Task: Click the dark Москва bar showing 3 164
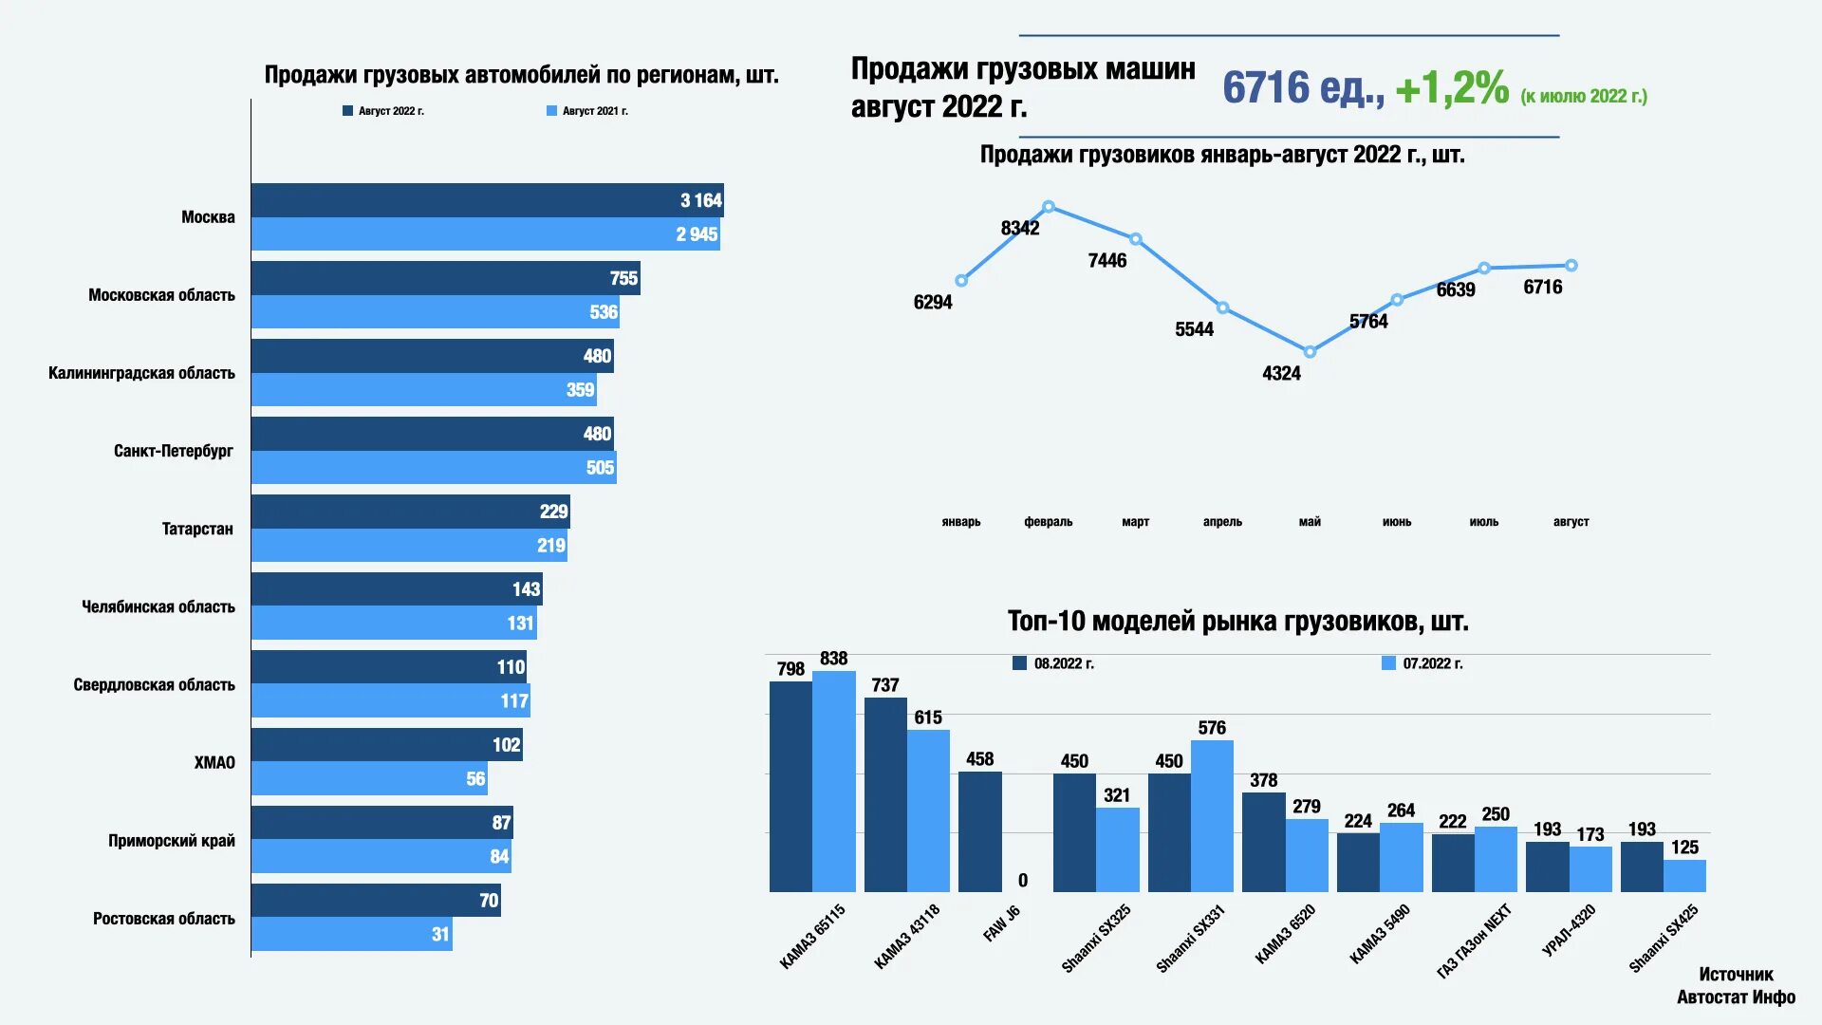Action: pos(487,200)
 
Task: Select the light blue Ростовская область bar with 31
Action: pos(351,934)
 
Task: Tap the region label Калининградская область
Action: pos(141,373)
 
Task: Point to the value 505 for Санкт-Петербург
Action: pos(600,468)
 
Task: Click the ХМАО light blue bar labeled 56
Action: pos(369,778)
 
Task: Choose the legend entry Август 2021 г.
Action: pos(587,111)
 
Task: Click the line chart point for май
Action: pos(1310,352)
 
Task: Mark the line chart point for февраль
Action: pos(1049,207)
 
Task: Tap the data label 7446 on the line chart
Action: pos(1106,261)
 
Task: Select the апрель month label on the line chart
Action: pos(1222,522)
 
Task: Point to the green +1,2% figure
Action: pos(1452,88)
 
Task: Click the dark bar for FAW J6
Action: pos(979,831)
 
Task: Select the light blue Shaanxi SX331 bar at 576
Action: pos(1212,815)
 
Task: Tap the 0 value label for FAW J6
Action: pos(1023,881)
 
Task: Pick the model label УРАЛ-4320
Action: pos(1569,930)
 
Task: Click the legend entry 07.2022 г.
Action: pos(1422,663)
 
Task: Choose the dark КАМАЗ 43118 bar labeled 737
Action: pos(885,794)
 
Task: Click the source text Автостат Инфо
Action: pos(1736,997)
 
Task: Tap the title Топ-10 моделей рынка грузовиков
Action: pos(1237,622)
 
